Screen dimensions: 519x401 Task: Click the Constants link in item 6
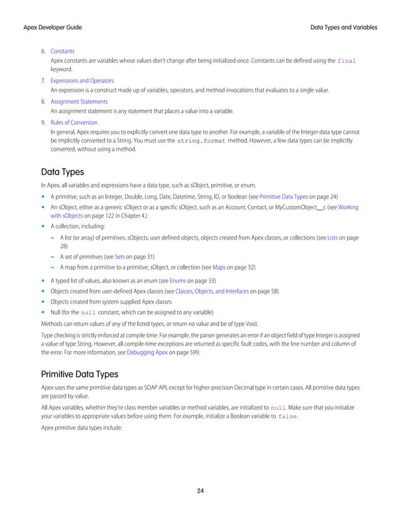pos(62,50)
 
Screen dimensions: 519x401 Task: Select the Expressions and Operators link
pos(82,81)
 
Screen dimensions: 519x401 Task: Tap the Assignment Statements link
pos(79,101)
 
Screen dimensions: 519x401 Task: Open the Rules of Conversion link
pos(74,122)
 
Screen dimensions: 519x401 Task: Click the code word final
pos(347,61)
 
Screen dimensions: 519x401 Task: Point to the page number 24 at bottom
pos(200,491)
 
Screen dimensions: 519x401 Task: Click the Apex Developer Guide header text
pos(53,28)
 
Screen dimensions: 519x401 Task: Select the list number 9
pos(43,122)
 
